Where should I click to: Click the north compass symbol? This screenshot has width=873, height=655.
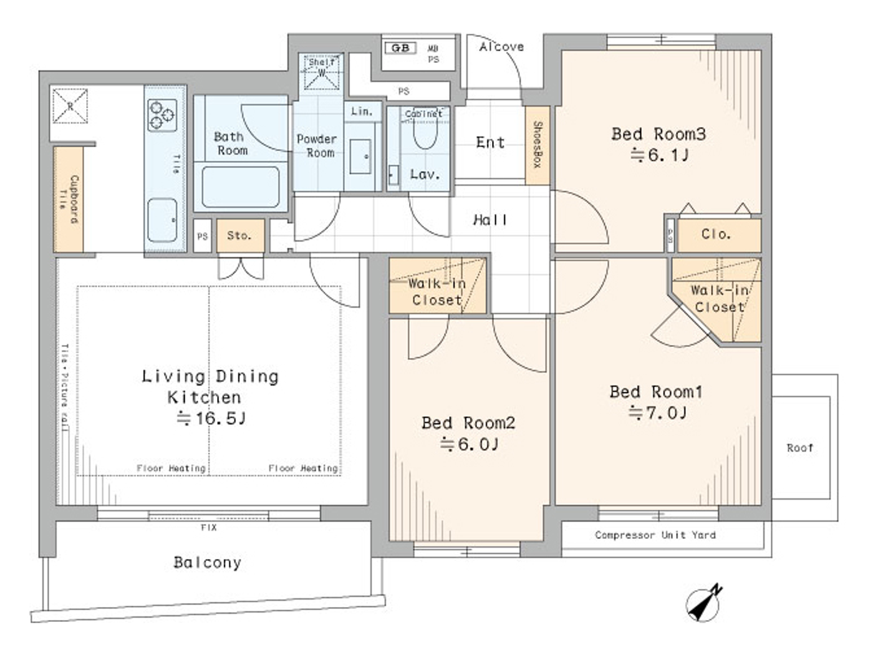704,604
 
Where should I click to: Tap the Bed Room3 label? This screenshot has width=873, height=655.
658,134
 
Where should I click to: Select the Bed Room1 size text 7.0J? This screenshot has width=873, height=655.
658,413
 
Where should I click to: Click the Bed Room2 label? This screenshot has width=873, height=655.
468,424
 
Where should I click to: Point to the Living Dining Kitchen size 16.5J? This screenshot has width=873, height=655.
211,419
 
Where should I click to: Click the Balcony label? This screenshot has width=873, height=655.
207,563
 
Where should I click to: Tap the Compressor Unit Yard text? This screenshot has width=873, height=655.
655,535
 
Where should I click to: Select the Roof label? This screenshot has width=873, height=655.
799,448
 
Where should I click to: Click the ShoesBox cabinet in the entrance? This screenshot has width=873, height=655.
538,145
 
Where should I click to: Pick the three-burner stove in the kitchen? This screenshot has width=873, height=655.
162,115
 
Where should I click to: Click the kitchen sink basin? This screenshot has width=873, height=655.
163,220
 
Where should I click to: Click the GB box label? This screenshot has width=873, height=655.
400,48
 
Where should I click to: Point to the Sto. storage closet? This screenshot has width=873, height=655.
240,236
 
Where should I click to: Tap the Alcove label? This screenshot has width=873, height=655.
501,47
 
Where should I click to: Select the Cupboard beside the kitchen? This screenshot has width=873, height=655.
69,200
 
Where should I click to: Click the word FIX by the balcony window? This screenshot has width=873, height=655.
209,528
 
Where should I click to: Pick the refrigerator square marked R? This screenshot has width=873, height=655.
70,106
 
